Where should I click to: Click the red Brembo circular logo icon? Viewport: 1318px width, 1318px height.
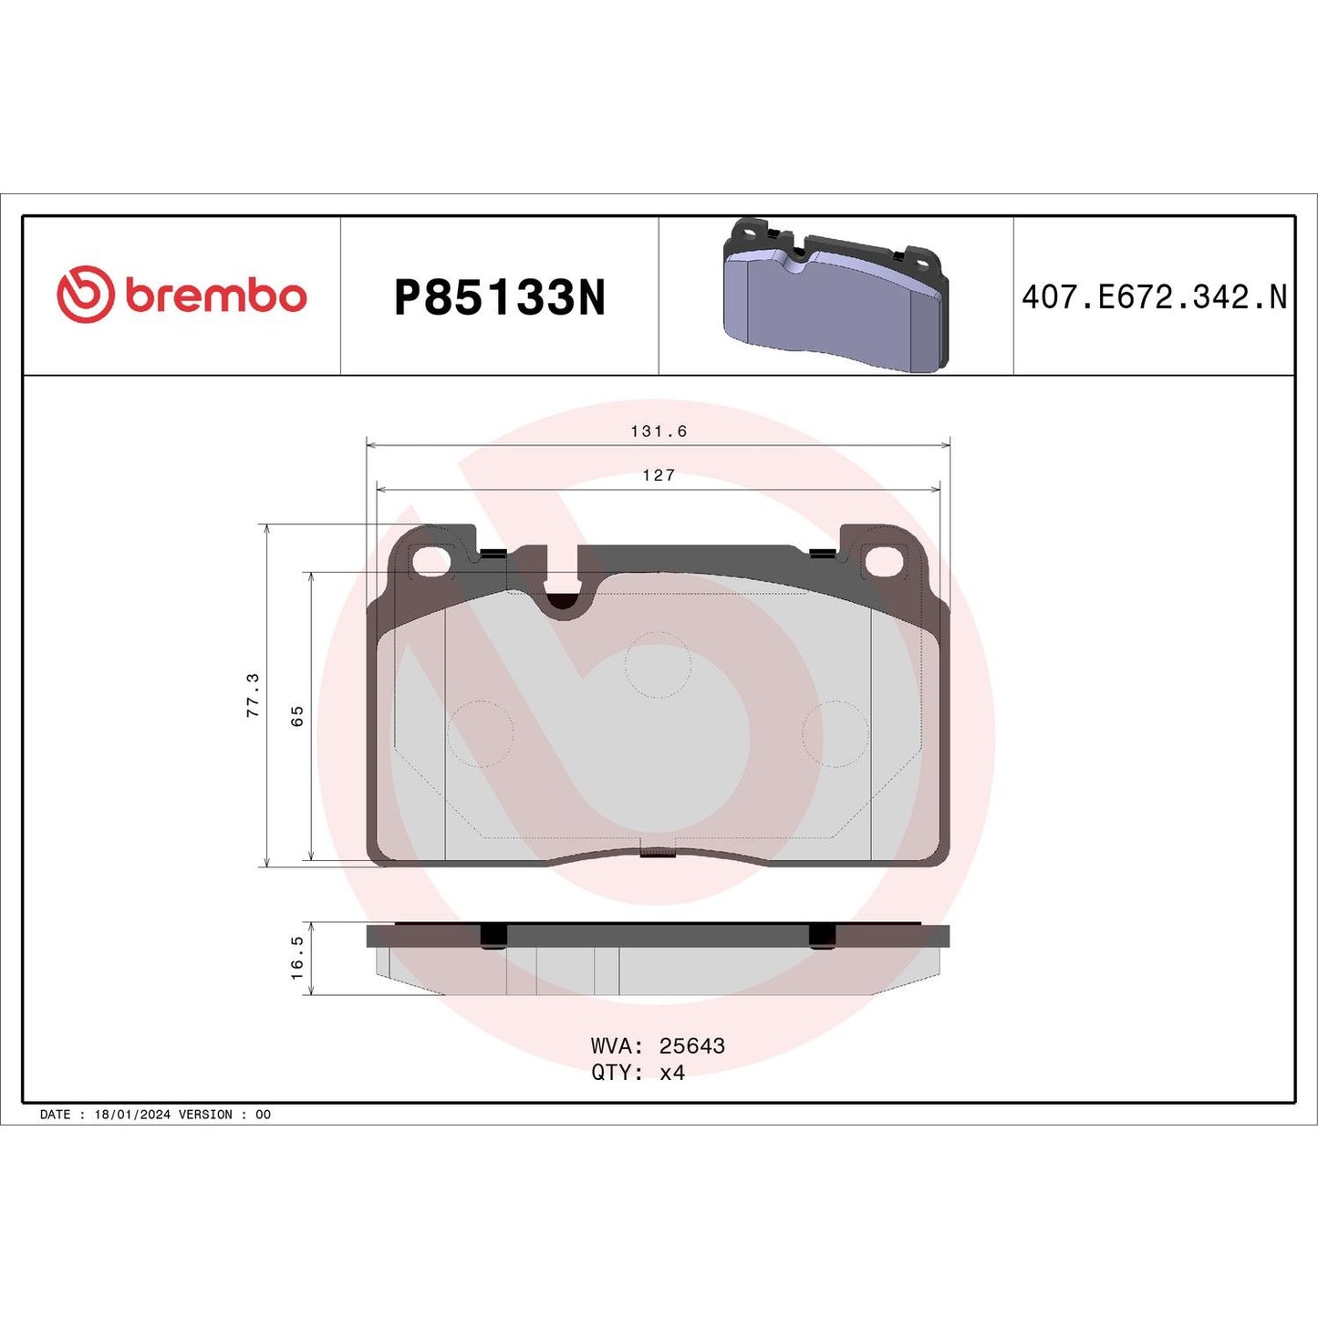pos(86,294)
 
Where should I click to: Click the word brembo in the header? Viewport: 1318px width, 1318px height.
pos(215,296)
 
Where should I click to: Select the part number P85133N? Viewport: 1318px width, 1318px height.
pos(499,297)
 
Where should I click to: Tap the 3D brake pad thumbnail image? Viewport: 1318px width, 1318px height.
pos(835,296)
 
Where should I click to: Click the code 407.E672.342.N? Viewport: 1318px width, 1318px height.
pos(1154,297)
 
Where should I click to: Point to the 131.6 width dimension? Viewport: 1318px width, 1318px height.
pos(658,431)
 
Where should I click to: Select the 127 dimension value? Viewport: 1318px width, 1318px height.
pos(658,475)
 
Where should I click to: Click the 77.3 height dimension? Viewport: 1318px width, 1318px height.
pos(254,695)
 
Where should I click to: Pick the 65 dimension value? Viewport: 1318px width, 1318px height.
pos(297,716)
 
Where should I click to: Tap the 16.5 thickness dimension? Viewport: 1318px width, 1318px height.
pos(297,958)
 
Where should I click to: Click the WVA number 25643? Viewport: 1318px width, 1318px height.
pos(691,1046)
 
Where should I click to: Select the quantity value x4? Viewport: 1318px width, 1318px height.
pos(672,1073)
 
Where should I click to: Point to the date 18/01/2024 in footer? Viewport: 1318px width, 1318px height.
pos(132,1115)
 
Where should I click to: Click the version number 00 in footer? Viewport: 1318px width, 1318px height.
pos(263,1115)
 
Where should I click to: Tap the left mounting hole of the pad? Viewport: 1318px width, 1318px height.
pos(431,562)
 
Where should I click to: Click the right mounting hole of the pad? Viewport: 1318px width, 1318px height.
pos(883,562)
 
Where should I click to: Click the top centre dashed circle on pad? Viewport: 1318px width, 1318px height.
pos(658,665)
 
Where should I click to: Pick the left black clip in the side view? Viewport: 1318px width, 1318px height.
pos(493,936)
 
